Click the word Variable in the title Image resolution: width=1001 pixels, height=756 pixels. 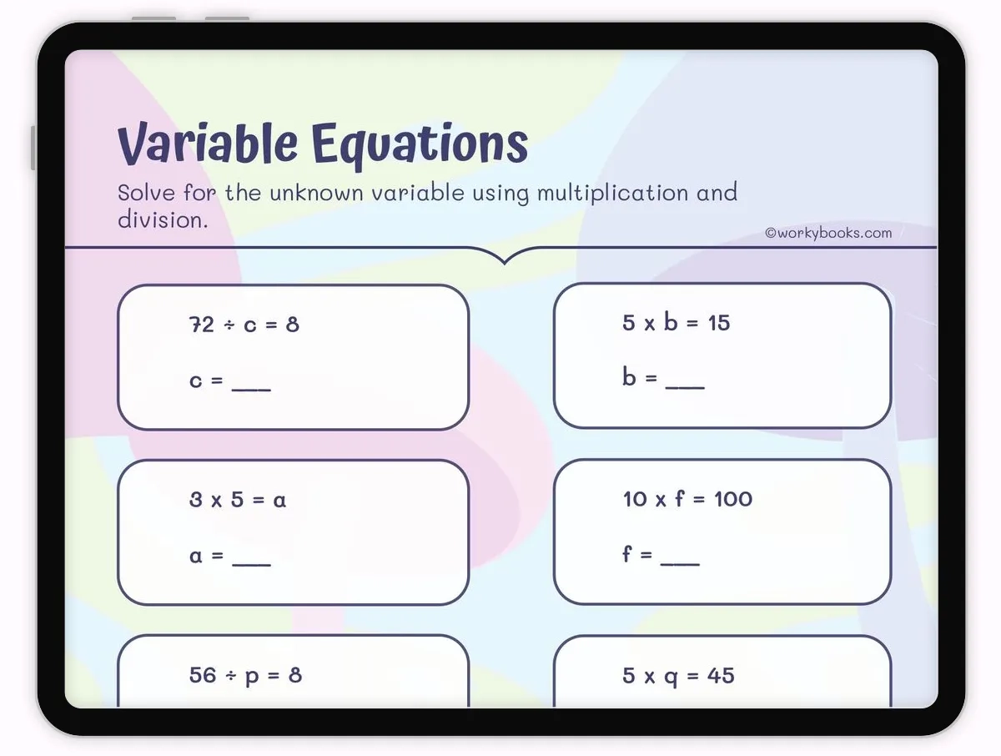208,144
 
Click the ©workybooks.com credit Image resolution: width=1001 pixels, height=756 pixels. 828,233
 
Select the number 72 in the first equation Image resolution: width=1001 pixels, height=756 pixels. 202,325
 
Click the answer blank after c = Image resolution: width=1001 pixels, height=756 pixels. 251,390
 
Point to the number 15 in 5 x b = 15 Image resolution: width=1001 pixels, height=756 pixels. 719,323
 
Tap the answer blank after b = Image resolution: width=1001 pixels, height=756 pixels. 685,387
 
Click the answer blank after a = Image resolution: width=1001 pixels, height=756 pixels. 251,564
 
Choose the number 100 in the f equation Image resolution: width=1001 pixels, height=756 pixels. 733,499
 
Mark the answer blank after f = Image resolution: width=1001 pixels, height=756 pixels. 680,564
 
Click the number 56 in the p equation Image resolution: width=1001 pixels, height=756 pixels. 203,675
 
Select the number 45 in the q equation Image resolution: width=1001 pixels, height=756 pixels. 721,675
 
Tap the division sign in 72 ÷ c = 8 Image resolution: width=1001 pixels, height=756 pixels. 229,325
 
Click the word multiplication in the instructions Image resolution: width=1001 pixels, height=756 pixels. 612,194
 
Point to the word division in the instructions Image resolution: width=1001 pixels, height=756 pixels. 163,219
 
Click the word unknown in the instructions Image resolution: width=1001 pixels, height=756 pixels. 316,193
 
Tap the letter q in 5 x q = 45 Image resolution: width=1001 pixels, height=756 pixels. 671,678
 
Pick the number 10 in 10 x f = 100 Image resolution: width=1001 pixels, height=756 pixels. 634,499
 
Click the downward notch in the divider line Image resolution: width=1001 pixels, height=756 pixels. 505,262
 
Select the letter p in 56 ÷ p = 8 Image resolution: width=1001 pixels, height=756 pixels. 252,678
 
